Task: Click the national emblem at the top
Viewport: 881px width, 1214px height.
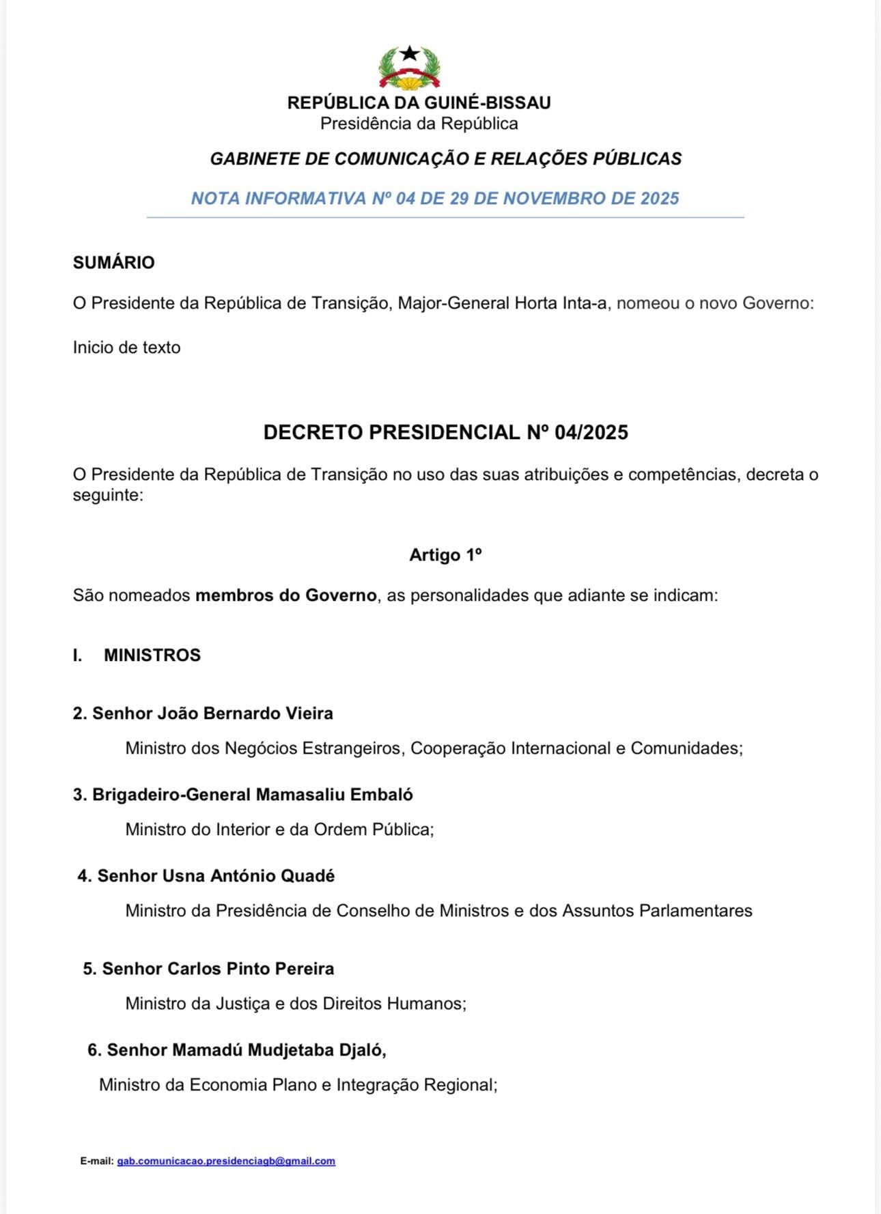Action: pos(409,68)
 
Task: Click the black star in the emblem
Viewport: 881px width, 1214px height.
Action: pos(409,53)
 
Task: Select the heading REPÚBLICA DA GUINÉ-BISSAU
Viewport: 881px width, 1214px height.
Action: pos(419,103)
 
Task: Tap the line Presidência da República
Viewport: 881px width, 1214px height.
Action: pos(419,124)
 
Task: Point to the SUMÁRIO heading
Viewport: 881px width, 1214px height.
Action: pos(114,263)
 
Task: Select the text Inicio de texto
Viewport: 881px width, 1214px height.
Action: pos(127,348)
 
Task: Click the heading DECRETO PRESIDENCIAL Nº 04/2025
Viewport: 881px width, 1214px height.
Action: pos(445,433)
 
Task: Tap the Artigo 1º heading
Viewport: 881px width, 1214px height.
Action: pos(445,555)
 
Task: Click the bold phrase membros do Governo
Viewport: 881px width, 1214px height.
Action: pos(285,595)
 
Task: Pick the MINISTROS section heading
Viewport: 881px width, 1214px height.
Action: pos(152,655)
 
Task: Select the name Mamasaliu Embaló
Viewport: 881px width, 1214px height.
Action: pos(334,795)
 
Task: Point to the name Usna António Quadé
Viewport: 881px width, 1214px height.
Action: pos(248,876)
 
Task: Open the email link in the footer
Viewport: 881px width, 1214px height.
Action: pos(226,1161)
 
